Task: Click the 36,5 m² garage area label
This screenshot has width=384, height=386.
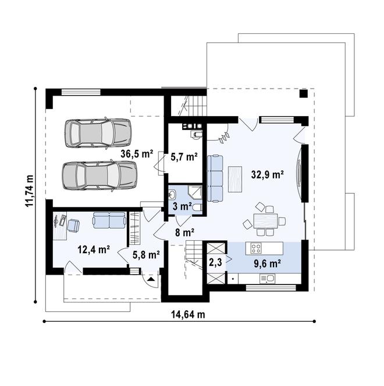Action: point(137,154)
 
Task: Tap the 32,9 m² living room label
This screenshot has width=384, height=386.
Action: point(267,174)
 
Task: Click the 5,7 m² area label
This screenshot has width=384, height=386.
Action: point(184,156)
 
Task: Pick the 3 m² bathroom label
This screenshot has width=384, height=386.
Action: point(182,206)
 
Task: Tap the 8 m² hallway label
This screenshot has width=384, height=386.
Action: point(184,232)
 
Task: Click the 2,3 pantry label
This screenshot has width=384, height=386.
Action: point(215,263)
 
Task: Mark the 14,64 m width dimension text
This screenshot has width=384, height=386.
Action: point(187,315)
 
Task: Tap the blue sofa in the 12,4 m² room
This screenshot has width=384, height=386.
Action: point(109,220)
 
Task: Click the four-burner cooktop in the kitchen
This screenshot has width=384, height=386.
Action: point(256,248)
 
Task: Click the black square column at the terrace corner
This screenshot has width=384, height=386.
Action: point(304,93)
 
